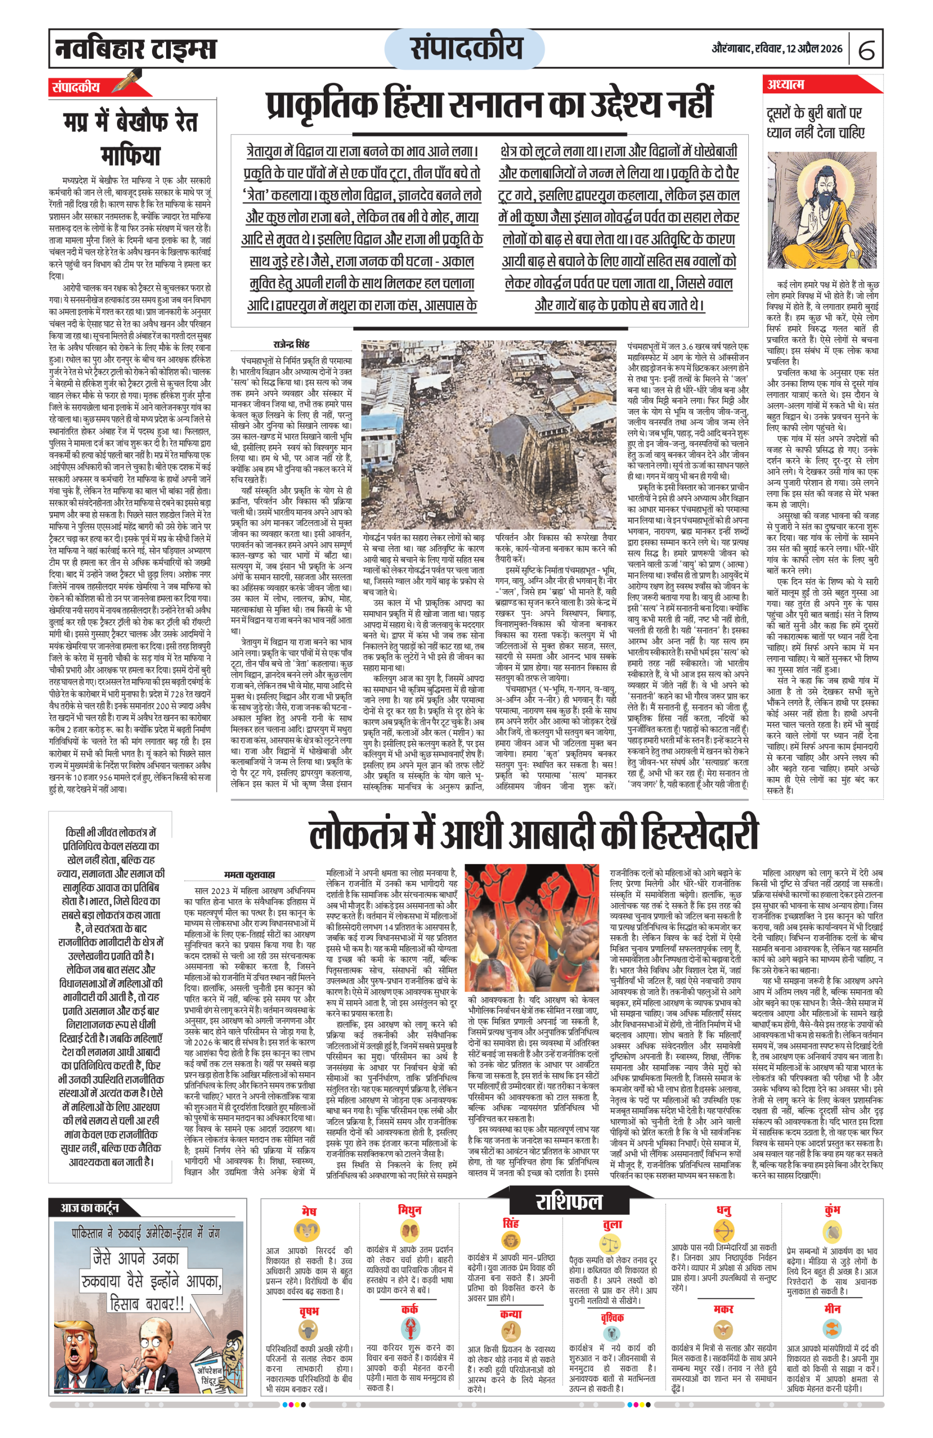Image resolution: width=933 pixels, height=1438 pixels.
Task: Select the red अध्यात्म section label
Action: (786, 84)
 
